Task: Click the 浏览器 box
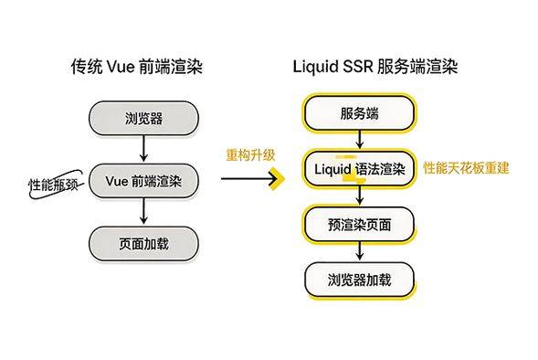pyautogui.click(x=144, y=117)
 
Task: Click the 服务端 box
pyautogui.click(x=359, y=113)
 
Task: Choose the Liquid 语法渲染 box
pyautogui.click(x=359, y=169)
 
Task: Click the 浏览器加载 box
pyautogui.click(x=359, y=280)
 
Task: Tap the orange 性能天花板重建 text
pyautogui.click(x=466, y=169)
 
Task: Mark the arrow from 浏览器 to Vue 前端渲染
pyautogui.click(x=144, y=148)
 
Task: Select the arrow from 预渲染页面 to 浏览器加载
pyautogui.click(x=359, y=252)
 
